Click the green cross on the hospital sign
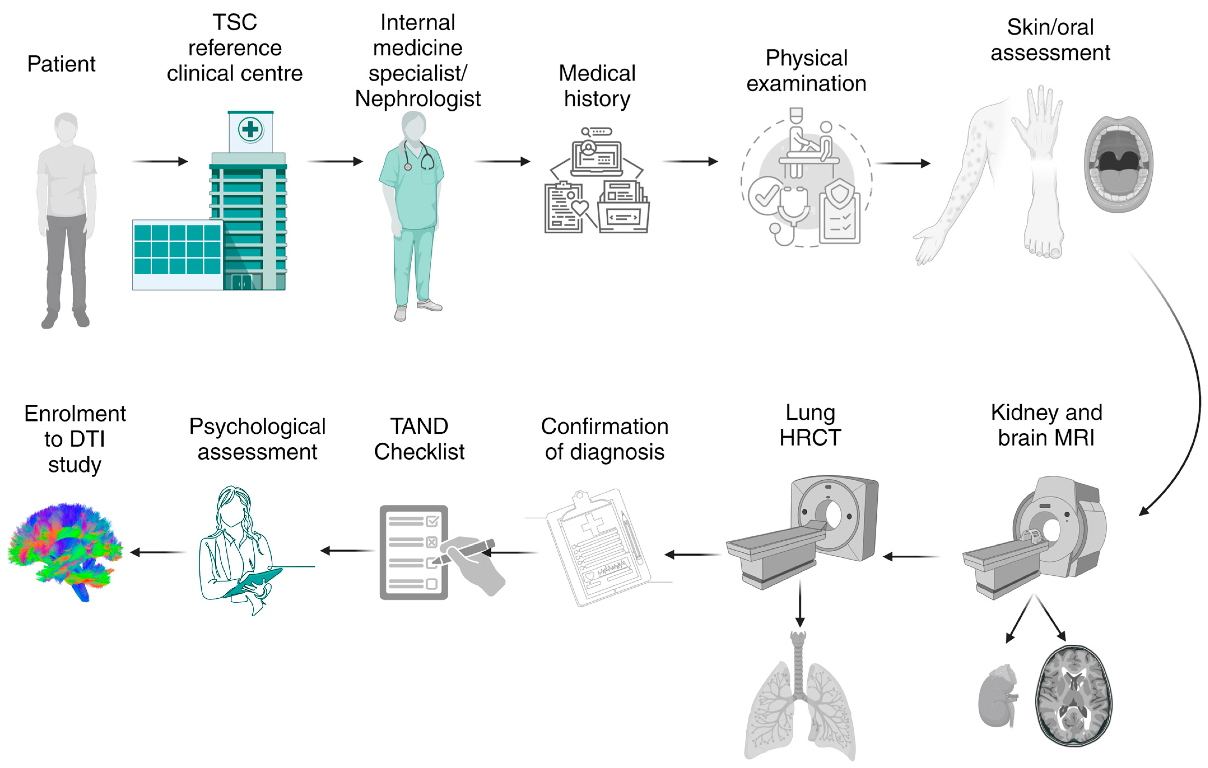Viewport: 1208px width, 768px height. (x=250, y=129)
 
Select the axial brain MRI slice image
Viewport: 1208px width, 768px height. (x=1074, y=695)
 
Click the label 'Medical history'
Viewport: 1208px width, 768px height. (x=597, y=86)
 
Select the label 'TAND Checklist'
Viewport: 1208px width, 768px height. (x=419, y=439)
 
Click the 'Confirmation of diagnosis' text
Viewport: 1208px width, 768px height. (x=604, y=439)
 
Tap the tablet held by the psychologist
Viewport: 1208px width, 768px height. (x=253, y=582)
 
